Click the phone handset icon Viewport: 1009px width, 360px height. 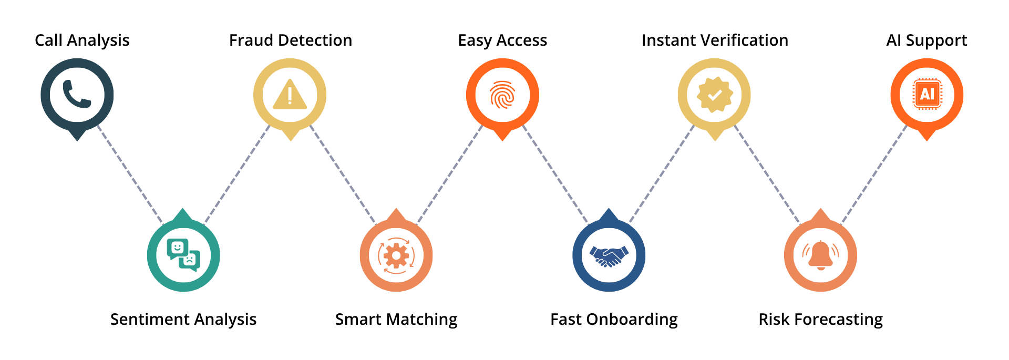77,94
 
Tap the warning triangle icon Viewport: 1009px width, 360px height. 290,95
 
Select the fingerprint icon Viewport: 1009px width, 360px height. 502,95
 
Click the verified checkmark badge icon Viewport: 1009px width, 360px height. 714,95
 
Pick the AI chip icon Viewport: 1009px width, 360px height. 927,94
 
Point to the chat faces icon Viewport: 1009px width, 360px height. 183,255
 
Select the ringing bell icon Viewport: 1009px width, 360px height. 820,255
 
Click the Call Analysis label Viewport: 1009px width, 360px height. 82,40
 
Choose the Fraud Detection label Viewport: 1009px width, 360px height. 291,40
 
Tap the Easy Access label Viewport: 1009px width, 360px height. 502,40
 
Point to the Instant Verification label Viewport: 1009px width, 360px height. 715,40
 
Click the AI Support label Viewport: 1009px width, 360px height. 926,40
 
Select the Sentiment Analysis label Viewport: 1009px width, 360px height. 183,320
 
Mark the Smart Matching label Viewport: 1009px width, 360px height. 396,320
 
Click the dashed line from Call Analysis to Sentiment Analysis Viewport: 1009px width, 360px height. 130,174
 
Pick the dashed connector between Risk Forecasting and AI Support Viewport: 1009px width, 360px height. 874,174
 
